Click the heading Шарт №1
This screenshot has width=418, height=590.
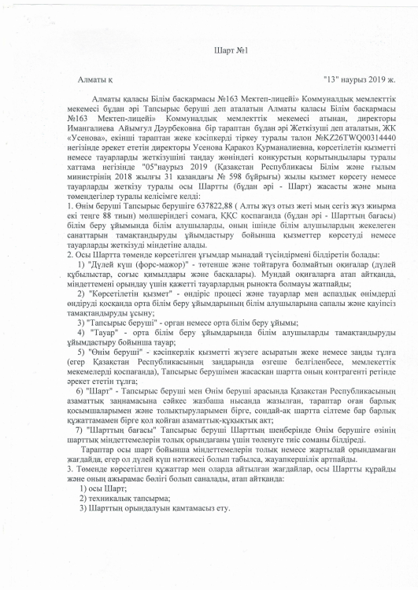(209, 51)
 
